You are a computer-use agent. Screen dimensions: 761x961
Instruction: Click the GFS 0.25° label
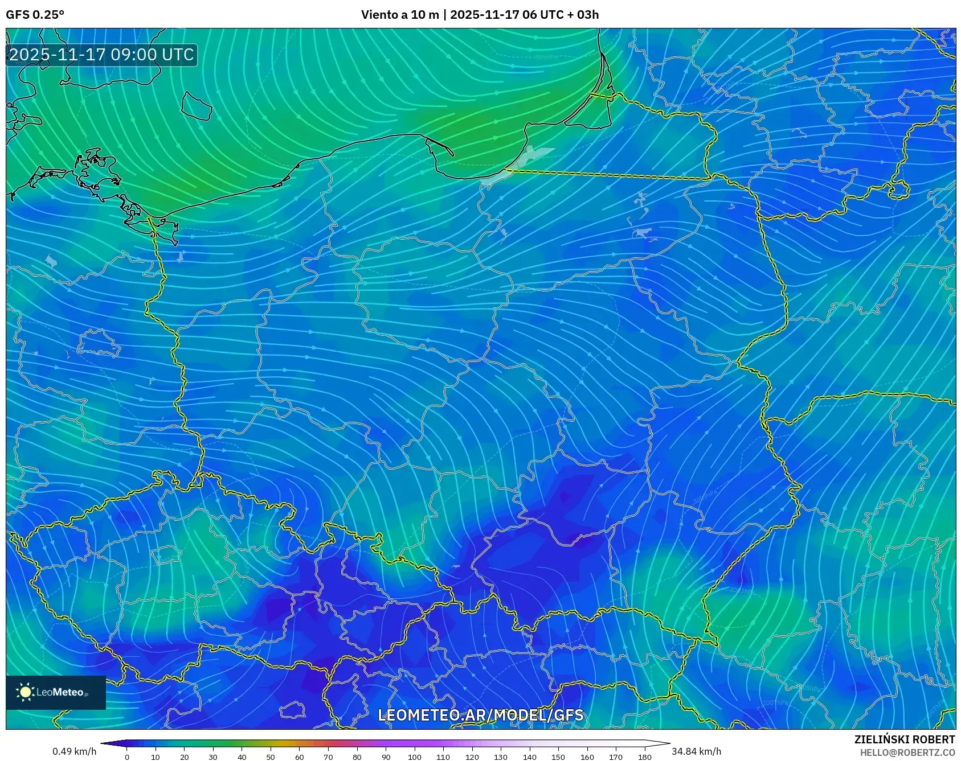pos(35,15)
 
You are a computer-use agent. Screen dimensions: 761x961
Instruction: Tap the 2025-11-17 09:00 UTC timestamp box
pos(101,55)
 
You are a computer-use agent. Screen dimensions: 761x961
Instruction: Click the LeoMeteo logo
pos(56,692)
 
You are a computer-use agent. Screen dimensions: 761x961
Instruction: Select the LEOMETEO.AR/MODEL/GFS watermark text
pos(481,715)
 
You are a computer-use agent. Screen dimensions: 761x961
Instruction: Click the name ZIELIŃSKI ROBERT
pos(905,739)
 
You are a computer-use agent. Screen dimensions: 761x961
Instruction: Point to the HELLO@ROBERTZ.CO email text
pos(907,752)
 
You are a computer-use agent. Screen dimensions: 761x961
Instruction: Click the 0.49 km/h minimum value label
pos(74,751)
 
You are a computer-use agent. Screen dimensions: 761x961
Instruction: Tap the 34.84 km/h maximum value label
pos(696,751)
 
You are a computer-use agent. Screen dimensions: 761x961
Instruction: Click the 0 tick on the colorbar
pos(127,757)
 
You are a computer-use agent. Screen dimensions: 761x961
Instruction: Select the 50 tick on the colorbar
pos(271,757)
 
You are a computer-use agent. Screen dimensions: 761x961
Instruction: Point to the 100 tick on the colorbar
pos(414,757)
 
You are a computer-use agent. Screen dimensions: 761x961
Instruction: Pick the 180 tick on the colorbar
pos(644,757)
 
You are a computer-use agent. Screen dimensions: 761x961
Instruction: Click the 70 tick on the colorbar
pos(328,757)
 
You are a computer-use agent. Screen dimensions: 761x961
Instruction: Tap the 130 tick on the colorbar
pos(501,757)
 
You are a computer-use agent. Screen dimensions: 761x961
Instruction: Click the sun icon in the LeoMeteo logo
pos(25,692)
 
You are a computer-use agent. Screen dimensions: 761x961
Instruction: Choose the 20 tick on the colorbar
pos(185,757)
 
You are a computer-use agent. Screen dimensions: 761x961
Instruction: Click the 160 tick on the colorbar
pos(587,757)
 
